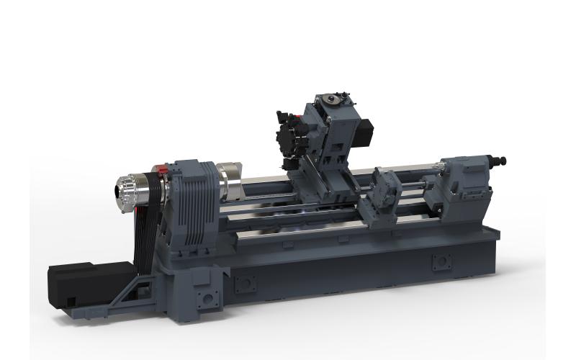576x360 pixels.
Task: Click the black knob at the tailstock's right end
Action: coord(502,160)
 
